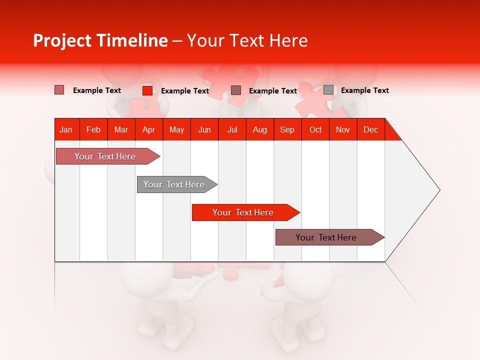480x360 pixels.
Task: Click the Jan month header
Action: [x=66, y=129]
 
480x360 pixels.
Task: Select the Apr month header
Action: [x=148, y=129]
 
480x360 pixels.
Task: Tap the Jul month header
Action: [x=232, y=129]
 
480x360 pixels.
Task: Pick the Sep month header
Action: [x=287, y=129]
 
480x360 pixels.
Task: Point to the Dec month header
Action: [x=370, y=129]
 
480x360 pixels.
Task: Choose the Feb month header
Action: [x=93, y=129]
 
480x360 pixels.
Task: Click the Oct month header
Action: [x=315, y=129]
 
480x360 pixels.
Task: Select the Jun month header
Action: [x=204, y=129]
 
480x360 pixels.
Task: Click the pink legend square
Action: [x=59, y=90]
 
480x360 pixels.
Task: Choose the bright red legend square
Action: [x=147, y=90]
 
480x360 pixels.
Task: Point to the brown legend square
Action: [x=236, y=90]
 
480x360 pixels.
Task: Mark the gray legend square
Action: [x=328, y=90]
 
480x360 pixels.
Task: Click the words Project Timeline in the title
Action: [x=100, y=40]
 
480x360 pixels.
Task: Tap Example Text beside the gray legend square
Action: [x=364, y=90]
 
